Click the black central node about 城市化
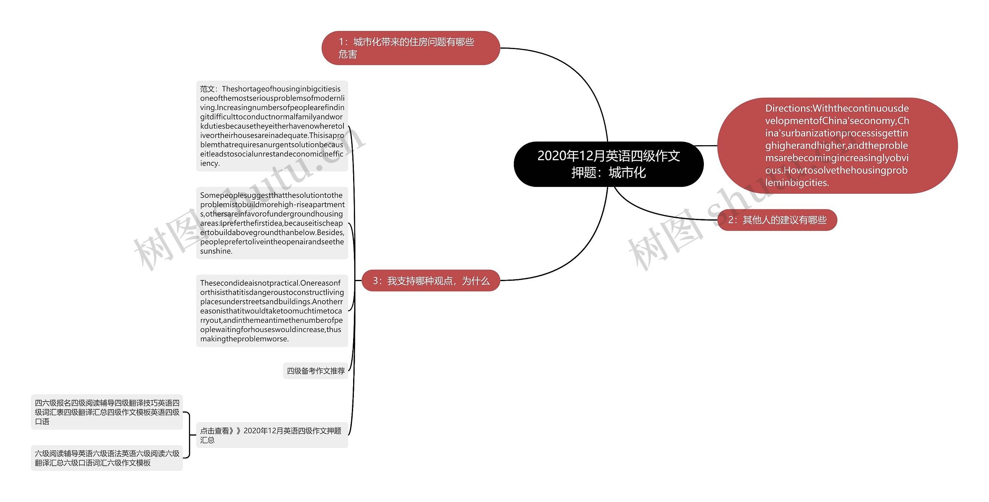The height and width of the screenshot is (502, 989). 608,164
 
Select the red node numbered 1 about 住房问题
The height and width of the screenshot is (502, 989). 410,48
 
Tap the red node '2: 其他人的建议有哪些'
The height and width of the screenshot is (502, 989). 777,220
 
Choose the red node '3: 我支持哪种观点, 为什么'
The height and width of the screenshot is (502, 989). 430,281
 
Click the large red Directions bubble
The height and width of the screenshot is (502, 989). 837,146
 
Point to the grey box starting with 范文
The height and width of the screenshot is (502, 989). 272,126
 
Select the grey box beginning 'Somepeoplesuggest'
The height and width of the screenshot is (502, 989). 272,223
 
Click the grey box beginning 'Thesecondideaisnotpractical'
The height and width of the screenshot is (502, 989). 272,311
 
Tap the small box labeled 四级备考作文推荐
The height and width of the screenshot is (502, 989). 315,371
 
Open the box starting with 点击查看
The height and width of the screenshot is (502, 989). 272,435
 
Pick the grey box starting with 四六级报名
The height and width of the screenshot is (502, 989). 107,412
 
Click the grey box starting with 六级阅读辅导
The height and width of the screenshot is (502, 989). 107,458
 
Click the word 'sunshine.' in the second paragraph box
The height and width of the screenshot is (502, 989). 216,251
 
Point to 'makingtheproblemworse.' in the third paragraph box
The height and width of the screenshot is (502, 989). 245,339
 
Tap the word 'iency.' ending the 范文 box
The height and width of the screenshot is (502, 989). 210,163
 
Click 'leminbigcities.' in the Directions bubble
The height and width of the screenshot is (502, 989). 797,183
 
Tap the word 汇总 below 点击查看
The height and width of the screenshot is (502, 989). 207,440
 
